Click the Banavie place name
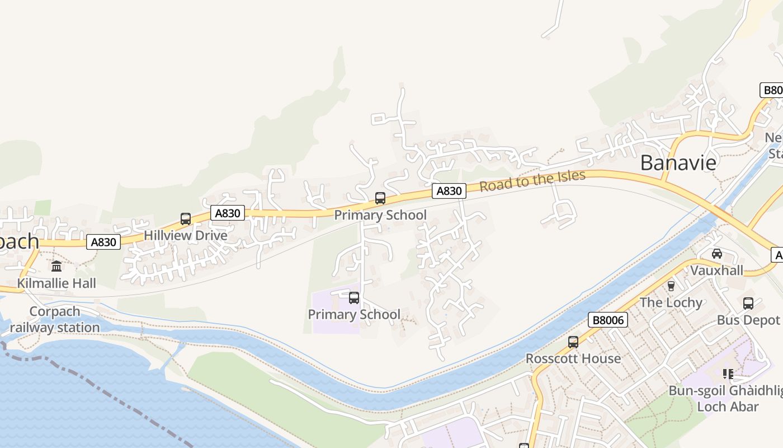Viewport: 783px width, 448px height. point(678,162)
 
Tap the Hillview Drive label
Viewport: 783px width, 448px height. point(186,235)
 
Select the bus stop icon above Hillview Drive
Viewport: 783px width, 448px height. point(186,219)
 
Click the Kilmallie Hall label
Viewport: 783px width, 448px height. point(56,283)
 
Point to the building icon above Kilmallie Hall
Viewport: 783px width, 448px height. point(56,266)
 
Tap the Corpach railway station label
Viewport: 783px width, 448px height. point(55,319)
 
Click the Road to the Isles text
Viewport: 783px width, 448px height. point(532,180)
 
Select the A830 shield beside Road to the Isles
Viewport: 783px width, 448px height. point(449,191)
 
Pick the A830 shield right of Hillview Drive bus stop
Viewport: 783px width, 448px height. point(228,213)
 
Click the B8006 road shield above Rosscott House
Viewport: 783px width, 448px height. point(609,320)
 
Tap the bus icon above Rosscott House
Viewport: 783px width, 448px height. point(573,342)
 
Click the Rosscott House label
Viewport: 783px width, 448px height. point(573,358)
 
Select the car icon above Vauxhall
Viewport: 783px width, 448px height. point(717,254)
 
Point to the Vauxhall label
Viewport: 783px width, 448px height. point(717,270)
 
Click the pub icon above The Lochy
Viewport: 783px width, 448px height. point(671,286)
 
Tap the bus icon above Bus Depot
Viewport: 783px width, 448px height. point(748,304)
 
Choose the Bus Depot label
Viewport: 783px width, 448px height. point(748,320)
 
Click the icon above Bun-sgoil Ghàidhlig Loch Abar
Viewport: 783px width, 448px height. point(728,374)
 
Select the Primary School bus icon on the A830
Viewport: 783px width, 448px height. point(380,198)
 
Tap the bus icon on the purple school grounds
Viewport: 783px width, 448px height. point(353,298)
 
